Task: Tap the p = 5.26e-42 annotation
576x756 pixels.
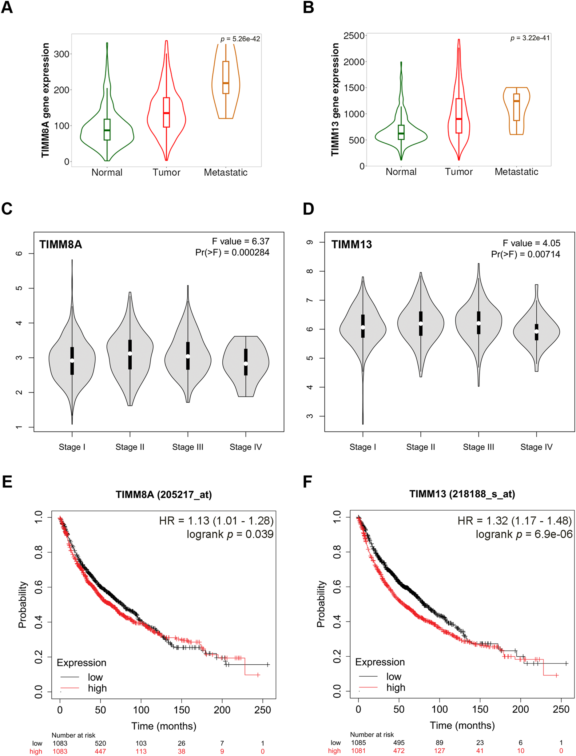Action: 240,39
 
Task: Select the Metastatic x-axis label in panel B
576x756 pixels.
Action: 516,172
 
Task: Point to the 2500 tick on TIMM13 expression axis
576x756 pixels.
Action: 354,36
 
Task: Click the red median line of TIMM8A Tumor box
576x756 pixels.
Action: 166,113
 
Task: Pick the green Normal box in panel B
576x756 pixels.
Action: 401,132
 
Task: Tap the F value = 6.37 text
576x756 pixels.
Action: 240,241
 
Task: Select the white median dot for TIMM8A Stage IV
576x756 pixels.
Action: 246,364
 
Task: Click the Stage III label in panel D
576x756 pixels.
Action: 478,447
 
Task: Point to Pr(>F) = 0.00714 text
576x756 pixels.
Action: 525,254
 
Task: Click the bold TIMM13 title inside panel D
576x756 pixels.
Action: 352,245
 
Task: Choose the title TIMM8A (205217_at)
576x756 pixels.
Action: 164,495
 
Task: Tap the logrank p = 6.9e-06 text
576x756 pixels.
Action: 524,534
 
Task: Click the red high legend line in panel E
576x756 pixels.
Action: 70,688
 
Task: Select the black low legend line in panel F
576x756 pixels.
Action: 368,676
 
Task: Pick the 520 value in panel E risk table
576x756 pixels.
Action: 101,743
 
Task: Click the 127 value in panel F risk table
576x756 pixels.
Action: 439,751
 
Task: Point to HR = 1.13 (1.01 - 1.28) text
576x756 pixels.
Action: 216,521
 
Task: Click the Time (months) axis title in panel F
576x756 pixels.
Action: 462,725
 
